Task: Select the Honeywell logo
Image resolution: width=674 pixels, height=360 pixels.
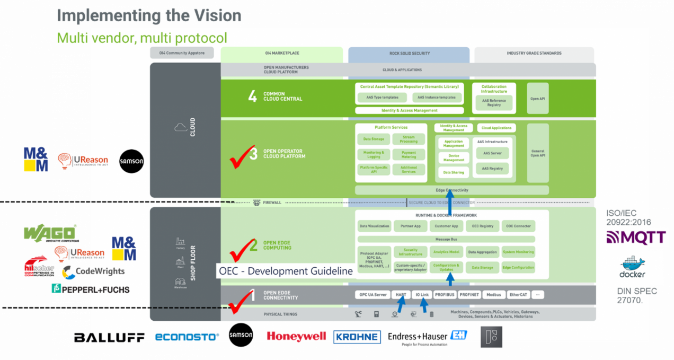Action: [x=296, y=336]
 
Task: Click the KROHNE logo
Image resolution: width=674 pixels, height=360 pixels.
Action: [x=357, y=337]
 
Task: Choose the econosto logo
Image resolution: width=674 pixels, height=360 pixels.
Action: [x=187, y=337]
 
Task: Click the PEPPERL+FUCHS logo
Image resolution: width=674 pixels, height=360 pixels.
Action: [x=90, y=289]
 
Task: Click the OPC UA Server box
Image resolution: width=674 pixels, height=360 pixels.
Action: [x=373, y=294]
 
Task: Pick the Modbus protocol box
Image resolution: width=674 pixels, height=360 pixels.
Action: [x=493, y=294]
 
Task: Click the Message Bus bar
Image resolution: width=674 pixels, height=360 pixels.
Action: [x=446, y=239]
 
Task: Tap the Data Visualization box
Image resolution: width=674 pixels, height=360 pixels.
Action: [x=374, y=226]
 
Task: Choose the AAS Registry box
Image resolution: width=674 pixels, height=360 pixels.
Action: [x=492, y=168]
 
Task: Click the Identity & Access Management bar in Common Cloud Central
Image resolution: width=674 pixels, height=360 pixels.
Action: [x=409, y=110]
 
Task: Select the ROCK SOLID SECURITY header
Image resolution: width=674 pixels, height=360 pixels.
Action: [x=409, y=54]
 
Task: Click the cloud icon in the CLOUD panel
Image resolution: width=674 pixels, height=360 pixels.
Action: [x=179, y=127]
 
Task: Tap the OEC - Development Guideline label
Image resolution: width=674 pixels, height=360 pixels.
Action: [x=286, y=271]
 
